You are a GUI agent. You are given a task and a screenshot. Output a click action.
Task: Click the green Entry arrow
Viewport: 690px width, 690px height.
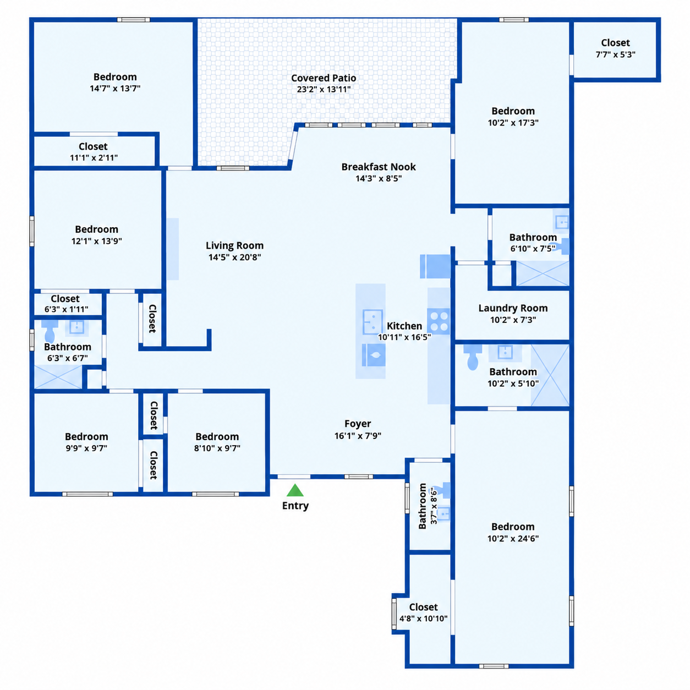point(295,490)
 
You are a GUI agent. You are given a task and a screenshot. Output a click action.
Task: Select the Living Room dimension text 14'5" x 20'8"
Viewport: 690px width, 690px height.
point(234,257)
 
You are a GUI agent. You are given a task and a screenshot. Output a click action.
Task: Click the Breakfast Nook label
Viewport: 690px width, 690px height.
point(379,167)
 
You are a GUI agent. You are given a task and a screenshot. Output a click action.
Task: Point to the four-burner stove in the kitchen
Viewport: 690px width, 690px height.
point(439,321)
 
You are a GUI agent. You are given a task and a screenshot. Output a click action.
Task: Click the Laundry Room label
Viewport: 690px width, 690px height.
point(513,308)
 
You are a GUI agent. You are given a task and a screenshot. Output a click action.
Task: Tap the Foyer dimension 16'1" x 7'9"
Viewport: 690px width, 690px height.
point(358,435)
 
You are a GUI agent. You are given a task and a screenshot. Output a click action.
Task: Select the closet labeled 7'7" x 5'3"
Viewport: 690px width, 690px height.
point(615,49)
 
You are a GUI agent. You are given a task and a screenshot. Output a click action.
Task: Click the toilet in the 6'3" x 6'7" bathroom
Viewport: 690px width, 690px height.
point(50,332)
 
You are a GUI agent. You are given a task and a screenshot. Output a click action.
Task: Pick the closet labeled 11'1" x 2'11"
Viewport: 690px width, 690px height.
point(94,152)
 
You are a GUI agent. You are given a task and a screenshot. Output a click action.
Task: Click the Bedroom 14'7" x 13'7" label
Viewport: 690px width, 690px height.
point(115,83)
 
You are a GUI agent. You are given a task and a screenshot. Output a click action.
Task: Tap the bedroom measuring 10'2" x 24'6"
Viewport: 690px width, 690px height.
point(513,532)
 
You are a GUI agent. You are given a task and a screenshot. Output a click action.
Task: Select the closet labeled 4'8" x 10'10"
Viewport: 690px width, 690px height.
point(423,612)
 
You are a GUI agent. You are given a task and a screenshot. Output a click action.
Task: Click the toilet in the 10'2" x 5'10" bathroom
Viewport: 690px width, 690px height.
point(473,357)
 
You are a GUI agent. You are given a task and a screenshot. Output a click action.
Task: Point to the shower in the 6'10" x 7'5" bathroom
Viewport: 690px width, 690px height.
point(543,273)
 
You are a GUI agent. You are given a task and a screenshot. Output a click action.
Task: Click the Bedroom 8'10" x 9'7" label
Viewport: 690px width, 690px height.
point(217,442)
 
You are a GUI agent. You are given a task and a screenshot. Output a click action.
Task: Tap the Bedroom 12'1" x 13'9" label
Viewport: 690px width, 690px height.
point(96,235)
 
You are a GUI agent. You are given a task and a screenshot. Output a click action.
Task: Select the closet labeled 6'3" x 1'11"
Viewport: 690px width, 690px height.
point(66,304)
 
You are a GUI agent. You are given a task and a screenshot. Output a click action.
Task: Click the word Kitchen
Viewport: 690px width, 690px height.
point(404,326)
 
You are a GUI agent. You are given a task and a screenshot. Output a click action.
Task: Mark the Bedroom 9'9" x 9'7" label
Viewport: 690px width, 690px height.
point(86,442)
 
